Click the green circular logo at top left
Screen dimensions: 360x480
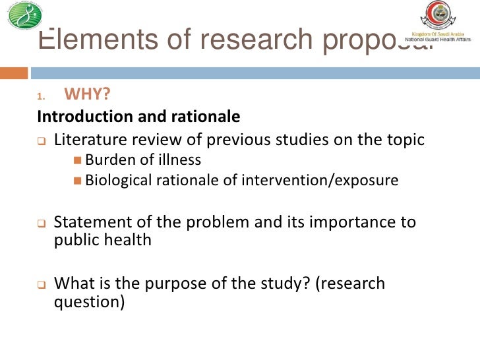[x=24, y=16]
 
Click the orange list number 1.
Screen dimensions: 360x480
[x=40, y=97]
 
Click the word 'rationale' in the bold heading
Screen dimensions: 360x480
[x=208, y=117]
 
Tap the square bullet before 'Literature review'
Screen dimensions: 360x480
[x=41, y=140]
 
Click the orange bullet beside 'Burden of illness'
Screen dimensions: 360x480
[x=78, y=160]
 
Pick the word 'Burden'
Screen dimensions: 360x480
[x=107, y=160]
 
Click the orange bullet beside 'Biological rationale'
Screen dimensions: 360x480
[x=78, y=180]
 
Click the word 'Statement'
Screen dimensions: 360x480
[x=88, y=222]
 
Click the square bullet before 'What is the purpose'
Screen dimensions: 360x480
[x=41, y=285]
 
